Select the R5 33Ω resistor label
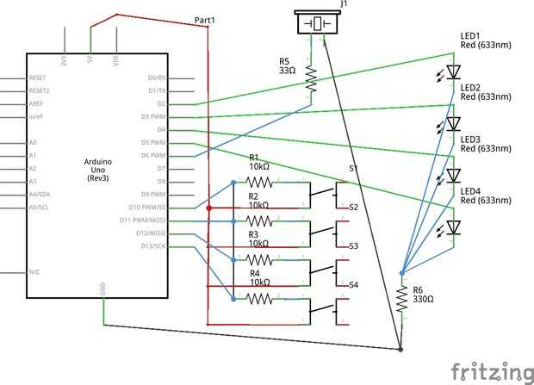click(286, 65)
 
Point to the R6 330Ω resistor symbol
click(401, 299)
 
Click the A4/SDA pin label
click(39, 195)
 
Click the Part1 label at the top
click(205, 19)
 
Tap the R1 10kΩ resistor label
click(259, 163)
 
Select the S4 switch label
click(353, 284)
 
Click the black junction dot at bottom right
click(402, 350)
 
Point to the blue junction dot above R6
click(401, 273)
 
